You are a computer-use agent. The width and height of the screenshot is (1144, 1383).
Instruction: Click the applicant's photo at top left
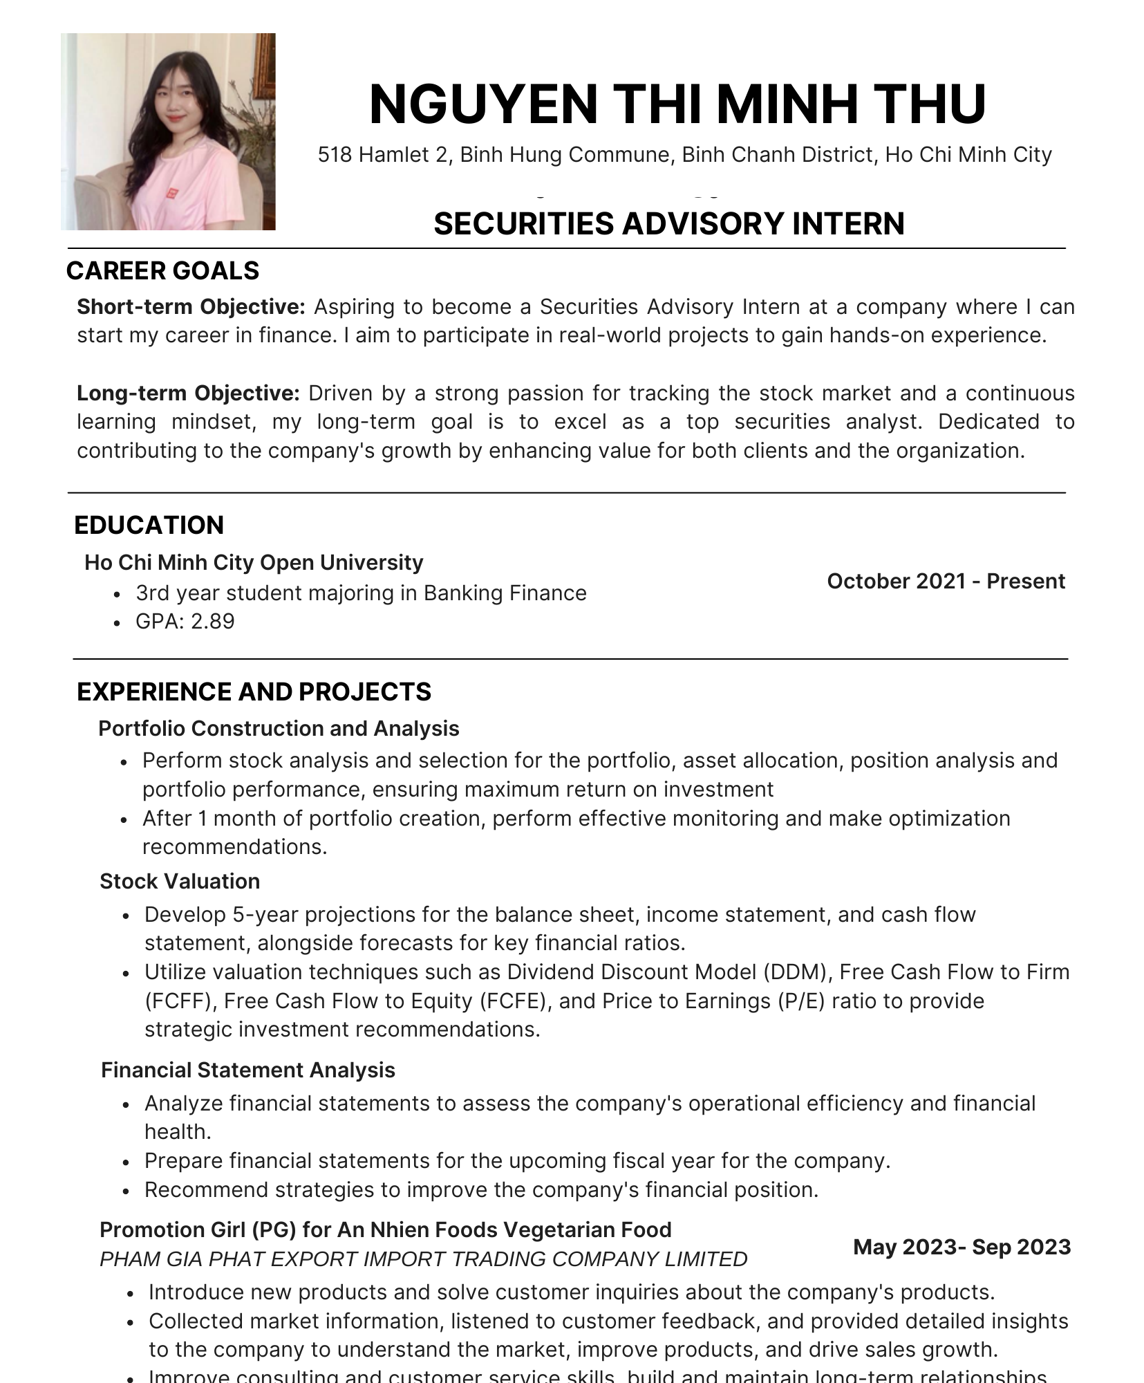pos(168,131)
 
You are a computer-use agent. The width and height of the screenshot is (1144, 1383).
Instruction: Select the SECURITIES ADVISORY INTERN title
pos(668,224)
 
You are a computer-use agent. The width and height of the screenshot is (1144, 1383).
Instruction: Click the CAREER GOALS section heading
pos(162,270)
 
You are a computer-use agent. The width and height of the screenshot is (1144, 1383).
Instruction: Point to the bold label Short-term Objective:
pos(191,306)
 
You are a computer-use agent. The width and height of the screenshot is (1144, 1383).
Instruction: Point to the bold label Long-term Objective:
pos(188,393)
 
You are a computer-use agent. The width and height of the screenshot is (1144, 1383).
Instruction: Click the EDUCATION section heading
pos(149,525)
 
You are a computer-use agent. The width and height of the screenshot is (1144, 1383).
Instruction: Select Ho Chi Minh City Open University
pos(253,562)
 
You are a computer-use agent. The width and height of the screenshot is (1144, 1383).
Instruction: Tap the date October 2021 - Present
pos(945,581)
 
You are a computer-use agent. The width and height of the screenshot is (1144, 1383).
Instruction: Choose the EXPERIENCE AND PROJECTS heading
pos(254,691)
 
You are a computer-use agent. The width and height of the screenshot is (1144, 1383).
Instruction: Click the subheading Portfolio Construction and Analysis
pos(279,728)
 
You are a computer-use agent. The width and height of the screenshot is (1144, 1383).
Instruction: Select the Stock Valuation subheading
pos(180,881)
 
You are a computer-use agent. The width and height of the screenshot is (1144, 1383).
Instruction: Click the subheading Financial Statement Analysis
pos(247,1070)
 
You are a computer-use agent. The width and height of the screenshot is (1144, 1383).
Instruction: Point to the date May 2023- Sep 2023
pos(962,1247)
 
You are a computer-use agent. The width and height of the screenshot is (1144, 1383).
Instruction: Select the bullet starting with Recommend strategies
pos(480,1189)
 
